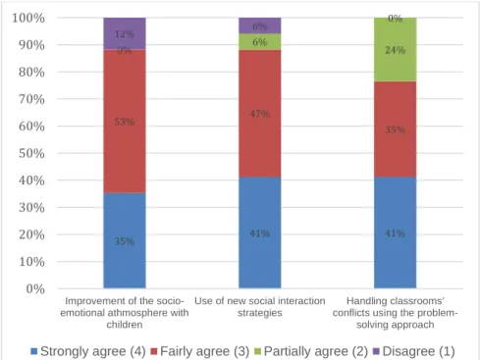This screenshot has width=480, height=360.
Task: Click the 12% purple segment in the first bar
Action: tap(125, 33)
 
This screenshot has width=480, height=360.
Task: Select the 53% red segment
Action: tap(125, 121)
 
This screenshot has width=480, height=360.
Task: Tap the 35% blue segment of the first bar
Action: tap(125, 240)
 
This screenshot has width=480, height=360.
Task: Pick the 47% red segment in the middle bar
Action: tap(260, 114)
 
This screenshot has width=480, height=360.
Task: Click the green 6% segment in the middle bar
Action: tap(260, 41)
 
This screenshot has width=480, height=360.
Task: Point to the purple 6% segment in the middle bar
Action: tap(260, 26)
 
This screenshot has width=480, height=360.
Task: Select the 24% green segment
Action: tap(396, 49)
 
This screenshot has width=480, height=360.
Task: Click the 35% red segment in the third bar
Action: tap(396, 129)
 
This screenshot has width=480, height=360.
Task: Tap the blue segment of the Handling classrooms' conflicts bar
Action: tap(396, 232)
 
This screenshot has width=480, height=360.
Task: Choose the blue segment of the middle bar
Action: tap(260, 232)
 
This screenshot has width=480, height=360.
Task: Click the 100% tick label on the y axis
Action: tap(28, 18)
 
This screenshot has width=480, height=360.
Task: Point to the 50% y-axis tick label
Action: tap(31, 153)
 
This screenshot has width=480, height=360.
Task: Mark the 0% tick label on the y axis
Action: tap(35, 288)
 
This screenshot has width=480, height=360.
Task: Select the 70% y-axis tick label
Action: tap(31, 99)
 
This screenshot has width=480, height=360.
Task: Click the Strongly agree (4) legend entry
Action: tap(88, 351)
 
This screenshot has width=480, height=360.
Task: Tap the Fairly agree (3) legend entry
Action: tap(200, 351)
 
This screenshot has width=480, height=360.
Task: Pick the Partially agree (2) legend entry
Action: tap(311, 351)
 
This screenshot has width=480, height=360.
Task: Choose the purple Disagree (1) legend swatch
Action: tap(376, 351)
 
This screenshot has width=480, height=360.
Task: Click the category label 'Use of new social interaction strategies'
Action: tap(260, 307)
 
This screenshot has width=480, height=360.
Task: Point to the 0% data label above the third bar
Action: tap(396, 19)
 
